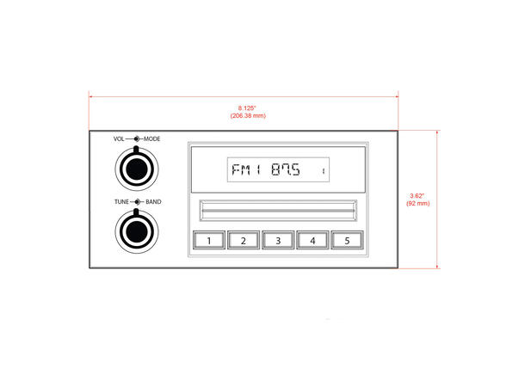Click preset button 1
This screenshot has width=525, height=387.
pos(209,240)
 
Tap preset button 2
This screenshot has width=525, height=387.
pos(244,240)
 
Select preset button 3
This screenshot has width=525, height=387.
pos(278,240)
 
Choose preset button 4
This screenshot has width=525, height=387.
pos(312,240)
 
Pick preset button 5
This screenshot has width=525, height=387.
pos(347,240)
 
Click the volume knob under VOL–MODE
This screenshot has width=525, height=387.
pos(137,169)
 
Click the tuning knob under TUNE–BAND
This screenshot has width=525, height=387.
pos(137,231)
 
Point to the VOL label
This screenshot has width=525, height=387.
pos(119,138)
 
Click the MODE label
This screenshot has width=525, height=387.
pos(151,138)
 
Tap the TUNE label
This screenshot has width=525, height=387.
pos(121,202)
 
